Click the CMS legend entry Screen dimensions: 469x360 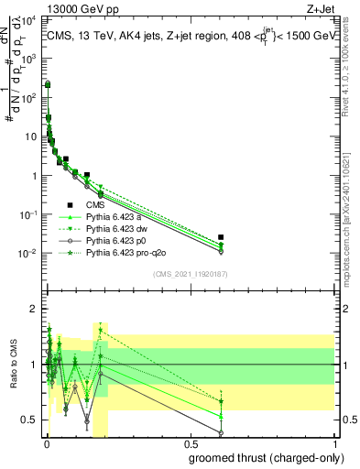(95, 205)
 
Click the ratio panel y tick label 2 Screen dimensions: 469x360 (33, 309)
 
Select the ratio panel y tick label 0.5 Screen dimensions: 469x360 (30, 420)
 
